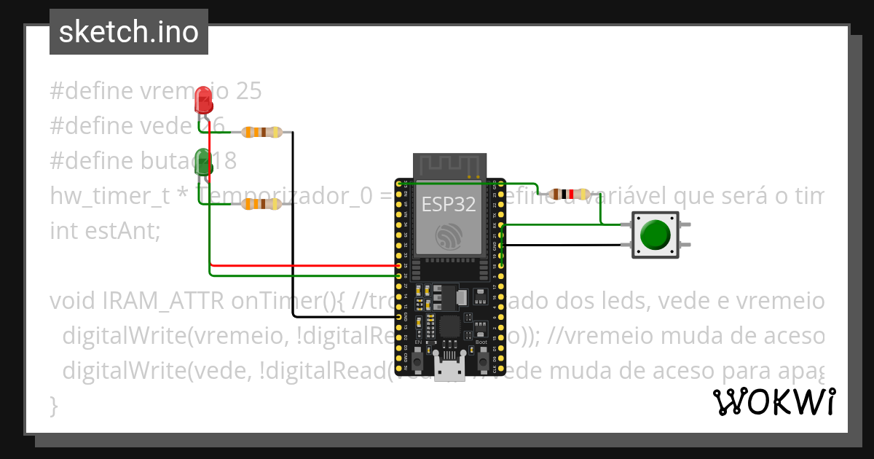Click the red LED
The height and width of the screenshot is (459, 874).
pyautogui.click(x=204, y=100)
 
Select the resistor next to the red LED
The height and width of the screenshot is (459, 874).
pyautogui.click(x=261, y=133)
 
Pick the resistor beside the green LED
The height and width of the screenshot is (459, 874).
pyautogui.click(x=261, y=205)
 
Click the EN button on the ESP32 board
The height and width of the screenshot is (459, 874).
pyautogui.click(x=418, y=359)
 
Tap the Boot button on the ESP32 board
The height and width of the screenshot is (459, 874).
pyautogui.click(x=481, y=359)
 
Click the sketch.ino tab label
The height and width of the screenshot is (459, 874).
pyautogui.click(x=129, y=32)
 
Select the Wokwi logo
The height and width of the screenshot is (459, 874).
pyautogui.click(x=773, y=401)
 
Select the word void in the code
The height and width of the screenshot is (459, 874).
pyautogui.click(x=73, y=301)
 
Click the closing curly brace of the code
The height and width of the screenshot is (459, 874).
pyautogui.click(x=53, y=405)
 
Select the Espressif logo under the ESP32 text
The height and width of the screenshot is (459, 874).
pyautogui.click(x=449, y=237)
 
